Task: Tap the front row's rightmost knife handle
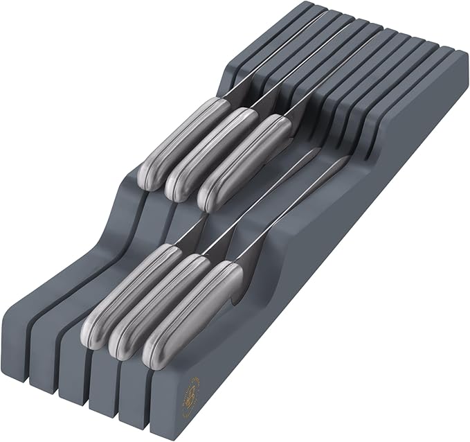[x=193, y=312]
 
